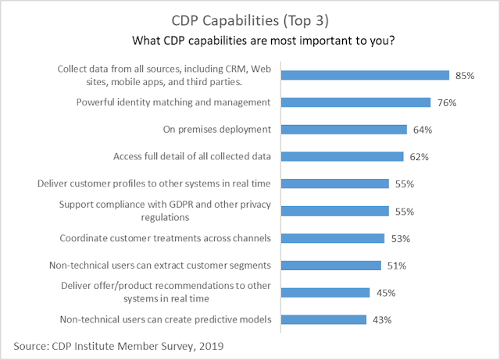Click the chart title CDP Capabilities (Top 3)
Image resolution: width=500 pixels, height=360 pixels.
[x=249, y=18]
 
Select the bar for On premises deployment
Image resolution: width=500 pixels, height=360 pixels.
[x=344, y=130]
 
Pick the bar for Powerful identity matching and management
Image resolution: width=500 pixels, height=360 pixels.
[x=355, y=102]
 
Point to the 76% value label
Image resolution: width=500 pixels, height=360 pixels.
[x=445, y=102]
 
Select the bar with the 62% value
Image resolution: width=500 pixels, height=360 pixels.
[x=341, y=156]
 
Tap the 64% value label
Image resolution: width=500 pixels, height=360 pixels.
[x=422, y=130]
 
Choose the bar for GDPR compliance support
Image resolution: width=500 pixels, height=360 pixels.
[x=334, y=211]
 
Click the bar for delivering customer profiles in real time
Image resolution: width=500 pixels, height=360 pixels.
[x=334, y=184]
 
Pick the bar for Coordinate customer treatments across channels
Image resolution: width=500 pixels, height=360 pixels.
[x=332, y=238]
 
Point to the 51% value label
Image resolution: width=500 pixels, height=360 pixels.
[x=395, y=266]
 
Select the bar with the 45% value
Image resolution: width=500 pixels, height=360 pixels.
[x=325, y=292]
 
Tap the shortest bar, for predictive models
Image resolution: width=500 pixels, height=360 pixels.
[x=323, y=319]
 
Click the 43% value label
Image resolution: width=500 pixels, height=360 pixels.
[x=380, y=319]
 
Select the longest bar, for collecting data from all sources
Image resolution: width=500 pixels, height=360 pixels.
[x=365, y=76]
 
